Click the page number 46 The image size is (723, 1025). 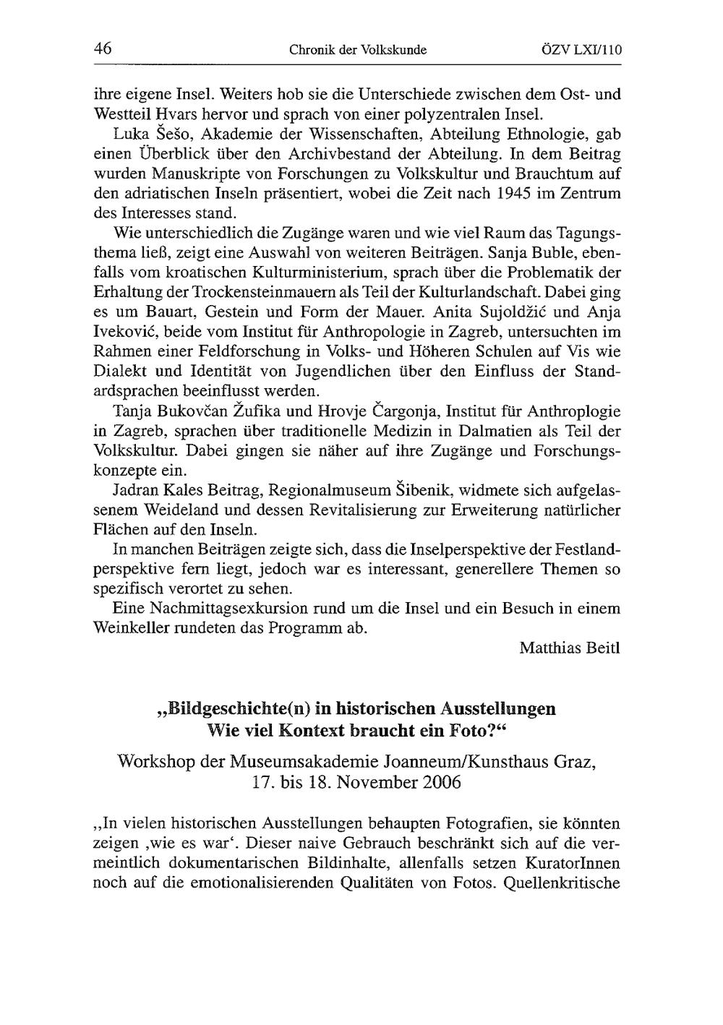102,49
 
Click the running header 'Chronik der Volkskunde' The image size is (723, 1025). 358,51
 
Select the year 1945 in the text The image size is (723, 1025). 519,194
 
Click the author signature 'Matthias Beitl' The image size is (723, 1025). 570,647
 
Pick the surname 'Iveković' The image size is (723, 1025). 126,333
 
